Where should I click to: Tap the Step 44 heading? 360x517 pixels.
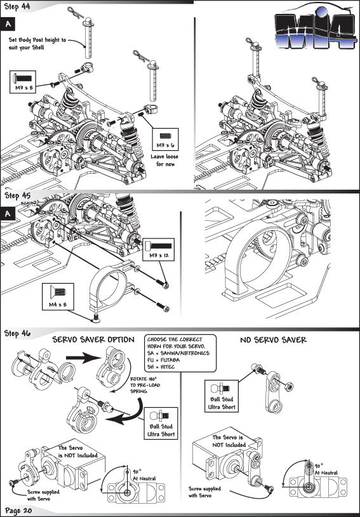pos(17,6)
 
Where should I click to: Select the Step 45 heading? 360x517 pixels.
pos(17,195)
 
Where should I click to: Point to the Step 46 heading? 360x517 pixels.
pos(17,333)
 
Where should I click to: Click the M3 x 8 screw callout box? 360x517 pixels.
pos(23,82)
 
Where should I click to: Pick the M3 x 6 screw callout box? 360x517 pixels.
pos(165,140)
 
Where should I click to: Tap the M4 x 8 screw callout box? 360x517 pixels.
pos(58,296)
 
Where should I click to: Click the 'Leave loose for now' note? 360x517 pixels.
pos(164,160)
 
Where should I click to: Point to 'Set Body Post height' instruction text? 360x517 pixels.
pos(37,44)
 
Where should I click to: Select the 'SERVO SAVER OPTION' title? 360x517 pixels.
pos(93,339)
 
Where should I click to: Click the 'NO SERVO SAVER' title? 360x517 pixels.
pos(273,339)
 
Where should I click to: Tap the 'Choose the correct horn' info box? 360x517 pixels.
pos(180,353)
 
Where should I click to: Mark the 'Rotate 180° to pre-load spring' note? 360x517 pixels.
pos(145,385)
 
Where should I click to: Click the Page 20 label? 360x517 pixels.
pos(18,511)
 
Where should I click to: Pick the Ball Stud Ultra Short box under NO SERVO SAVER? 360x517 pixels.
pos(222,396)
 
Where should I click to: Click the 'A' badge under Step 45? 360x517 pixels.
pos(8,214)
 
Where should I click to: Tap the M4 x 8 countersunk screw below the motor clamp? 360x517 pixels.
pos(96,318)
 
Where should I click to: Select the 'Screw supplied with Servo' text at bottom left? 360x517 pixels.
pos(43,495)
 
